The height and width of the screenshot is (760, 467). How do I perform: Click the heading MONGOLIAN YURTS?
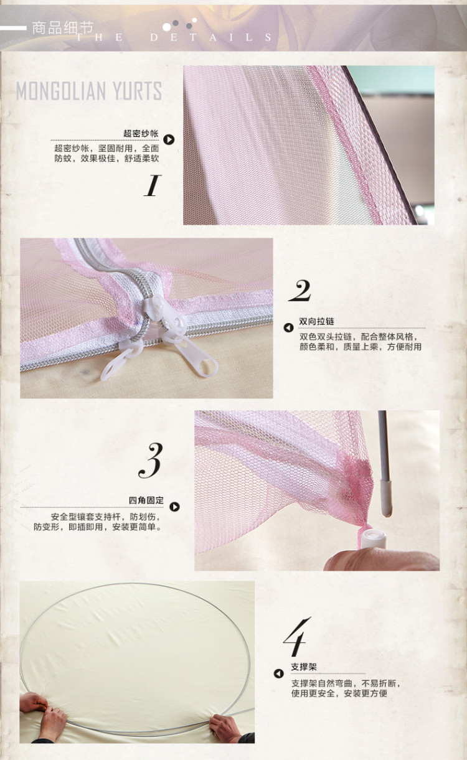coord(89,91)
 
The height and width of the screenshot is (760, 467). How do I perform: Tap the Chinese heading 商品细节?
coord(62,28)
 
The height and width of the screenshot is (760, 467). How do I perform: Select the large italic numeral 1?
coord(152,185)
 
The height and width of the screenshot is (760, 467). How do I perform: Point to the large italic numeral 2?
coord(300,291)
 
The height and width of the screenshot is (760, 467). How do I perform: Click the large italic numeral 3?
coord(151,461)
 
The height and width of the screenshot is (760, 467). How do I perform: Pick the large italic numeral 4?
coord(296,637)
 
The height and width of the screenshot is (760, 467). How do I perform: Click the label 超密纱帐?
coord(141,133)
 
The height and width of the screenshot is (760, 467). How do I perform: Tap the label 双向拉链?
coord(316,321)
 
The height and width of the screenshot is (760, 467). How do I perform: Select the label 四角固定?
coord(146,500)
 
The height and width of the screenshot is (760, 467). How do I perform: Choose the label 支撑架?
coord(304,667)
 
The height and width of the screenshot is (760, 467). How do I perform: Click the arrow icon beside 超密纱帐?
coord(169,139)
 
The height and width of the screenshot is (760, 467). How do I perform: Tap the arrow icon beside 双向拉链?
coord(288,328)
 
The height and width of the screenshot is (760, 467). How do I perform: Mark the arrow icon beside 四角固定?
coord(174,507)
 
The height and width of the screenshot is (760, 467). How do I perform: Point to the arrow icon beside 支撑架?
coord(278,673)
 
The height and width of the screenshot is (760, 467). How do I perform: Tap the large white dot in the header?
coord(166,27)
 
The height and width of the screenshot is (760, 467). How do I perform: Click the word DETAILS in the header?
coord(211,37)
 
